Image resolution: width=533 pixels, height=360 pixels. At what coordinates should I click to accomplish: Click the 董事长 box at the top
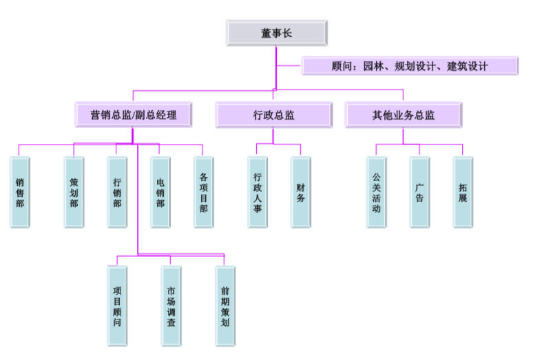277,32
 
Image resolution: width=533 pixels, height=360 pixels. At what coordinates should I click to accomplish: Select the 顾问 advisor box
410,66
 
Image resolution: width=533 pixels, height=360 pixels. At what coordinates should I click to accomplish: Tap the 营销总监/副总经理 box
134,115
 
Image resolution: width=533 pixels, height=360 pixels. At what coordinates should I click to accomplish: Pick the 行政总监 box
273,115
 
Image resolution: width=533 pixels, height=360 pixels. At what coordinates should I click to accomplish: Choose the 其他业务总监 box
403,115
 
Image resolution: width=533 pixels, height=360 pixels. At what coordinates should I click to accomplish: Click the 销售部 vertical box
20,192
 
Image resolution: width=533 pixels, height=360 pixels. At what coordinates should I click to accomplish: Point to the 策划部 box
74,192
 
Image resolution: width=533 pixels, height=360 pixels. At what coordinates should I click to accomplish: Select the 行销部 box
117,192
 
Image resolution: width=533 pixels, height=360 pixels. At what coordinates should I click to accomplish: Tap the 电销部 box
160,192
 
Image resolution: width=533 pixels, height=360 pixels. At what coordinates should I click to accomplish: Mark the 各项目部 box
203,192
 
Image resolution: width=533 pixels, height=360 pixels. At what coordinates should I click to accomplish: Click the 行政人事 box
258,192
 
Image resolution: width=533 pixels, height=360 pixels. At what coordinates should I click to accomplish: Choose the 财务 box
301,192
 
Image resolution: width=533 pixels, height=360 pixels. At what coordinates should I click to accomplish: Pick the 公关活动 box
376,192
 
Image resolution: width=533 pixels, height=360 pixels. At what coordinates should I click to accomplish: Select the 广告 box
419,192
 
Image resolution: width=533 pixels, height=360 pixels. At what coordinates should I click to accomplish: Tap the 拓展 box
463,192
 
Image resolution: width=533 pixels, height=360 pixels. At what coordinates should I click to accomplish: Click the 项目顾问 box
117,306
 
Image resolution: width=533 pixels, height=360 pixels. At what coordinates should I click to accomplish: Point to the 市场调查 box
171,306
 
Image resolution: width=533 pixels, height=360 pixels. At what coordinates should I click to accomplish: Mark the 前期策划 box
224,306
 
